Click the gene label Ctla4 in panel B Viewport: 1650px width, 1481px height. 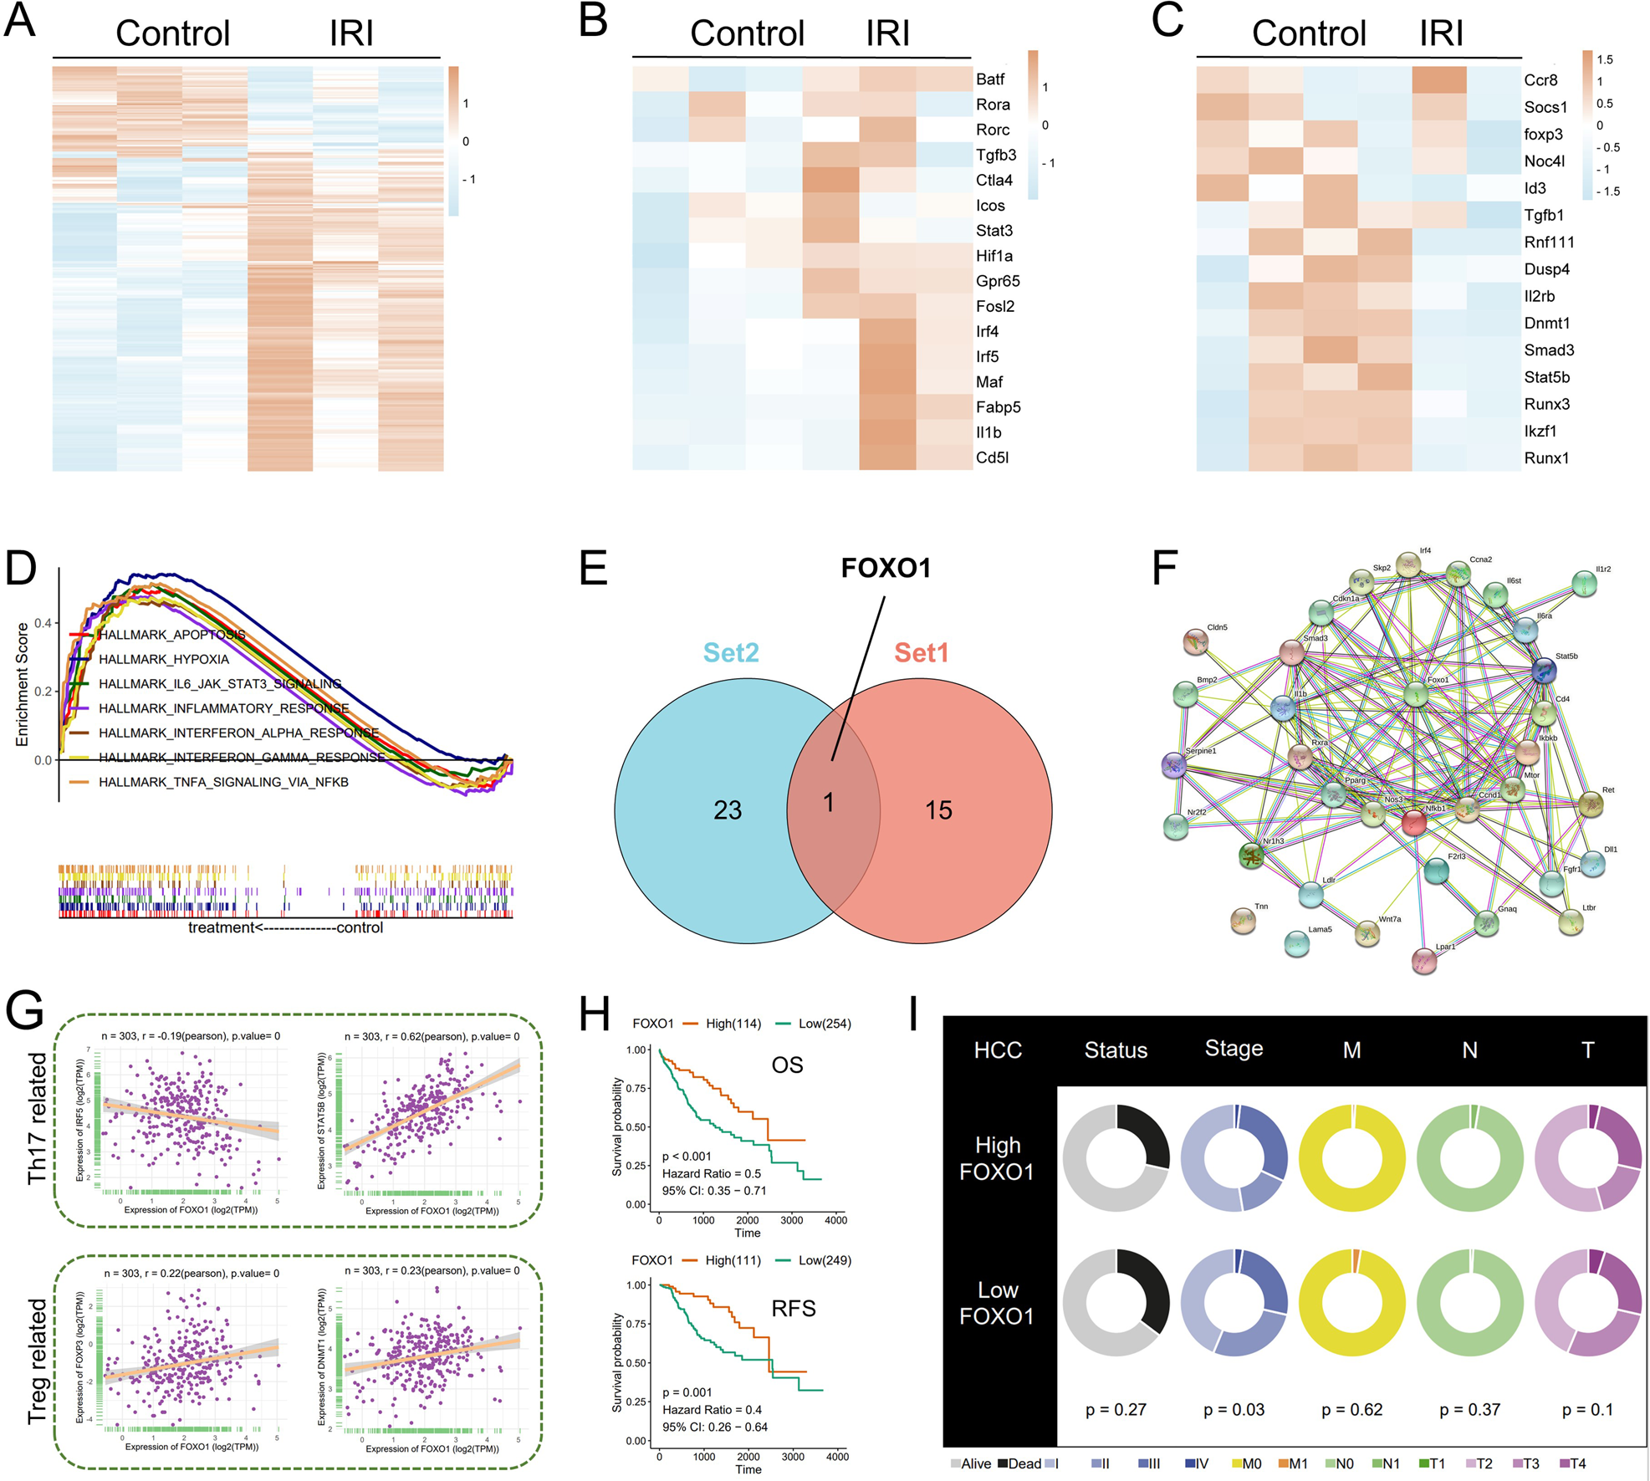994,181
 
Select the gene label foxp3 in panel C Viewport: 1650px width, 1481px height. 1543,135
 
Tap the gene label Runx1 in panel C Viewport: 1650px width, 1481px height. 1546,458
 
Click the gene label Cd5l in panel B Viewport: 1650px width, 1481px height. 992,458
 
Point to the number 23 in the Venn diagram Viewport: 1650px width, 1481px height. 728,810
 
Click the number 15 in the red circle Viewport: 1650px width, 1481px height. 938,810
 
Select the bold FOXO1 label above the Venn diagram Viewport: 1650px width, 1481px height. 886,569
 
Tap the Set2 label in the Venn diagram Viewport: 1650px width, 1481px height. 731,652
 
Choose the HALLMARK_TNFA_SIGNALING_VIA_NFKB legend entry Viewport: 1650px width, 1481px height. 223,782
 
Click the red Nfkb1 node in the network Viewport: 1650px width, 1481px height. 1413,823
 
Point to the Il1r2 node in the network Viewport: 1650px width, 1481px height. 1583,584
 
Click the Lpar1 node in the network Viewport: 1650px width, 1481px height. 1424,960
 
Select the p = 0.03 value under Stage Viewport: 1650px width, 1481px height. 1234,1410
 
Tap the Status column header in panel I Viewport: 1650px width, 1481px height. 1116,1050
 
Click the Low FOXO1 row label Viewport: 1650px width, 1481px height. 997,1303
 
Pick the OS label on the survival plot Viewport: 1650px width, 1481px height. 787,1065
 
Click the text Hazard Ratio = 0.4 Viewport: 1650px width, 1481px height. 712,1410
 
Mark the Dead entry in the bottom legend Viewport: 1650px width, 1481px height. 1024,1463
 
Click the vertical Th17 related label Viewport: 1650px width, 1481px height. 38,1118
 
